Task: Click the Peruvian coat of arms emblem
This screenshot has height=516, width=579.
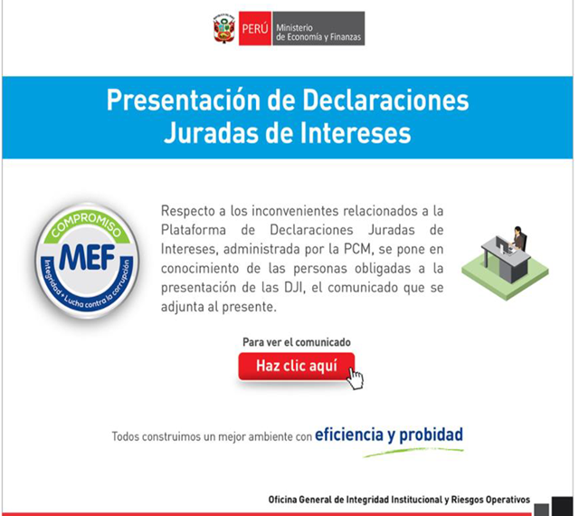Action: [x=224, y=28]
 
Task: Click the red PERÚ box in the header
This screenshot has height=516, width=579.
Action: [x=255, y=28]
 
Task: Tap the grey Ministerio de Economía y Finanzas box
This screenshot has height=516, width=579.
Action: [x=318, y=28]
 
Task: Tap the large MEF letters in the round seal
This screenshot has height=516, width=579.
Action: [x=87, y=257]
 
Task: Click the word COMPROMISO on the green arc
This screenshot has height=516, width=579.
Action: [x=87, y=225]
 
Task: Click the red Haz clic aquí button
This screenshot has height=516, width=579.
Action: [x=297, y=366]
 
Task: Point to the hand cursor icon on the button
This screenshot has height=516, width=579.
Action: [x=356, y=378]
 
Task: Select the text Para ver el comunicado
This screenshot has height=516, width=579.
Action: [x=297, y=342]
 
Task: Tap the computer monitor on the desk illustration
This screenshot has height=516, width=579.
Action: [x=502, y=244]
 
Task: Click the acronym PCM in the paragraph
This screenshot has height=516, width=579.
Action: [x=357, y=250]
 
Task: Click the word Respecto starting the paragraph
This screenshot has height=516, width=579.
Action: [x=188, y=212]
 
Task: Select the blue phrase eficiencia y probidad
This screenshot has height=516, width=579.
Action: [x=389, y=435]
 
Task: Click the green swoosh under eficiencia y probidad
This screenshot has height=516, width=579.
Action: [x=413, y=453]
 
